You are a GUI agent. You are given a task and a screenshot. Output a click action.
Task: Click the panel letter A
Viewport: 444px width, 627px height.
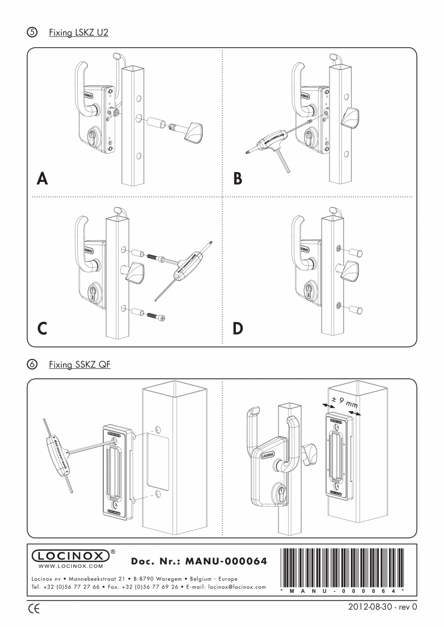point(42,179)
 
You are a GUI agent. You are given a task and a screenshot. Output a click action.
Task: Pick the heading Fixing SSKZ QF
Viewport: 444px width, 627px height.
point(79,365)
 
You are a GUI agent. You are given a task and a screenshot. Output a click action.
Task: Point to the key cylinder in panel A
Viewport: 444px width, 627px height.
point(92,137)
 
